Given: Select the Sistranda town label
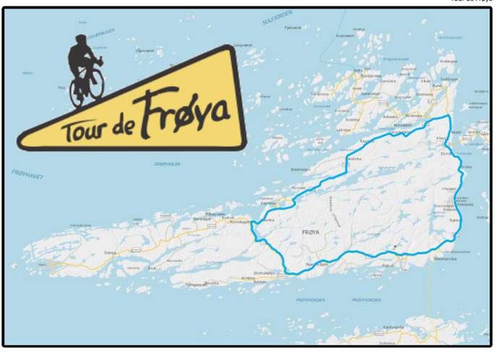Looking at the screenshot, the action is pyautogui.click(x=463, y=205).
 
